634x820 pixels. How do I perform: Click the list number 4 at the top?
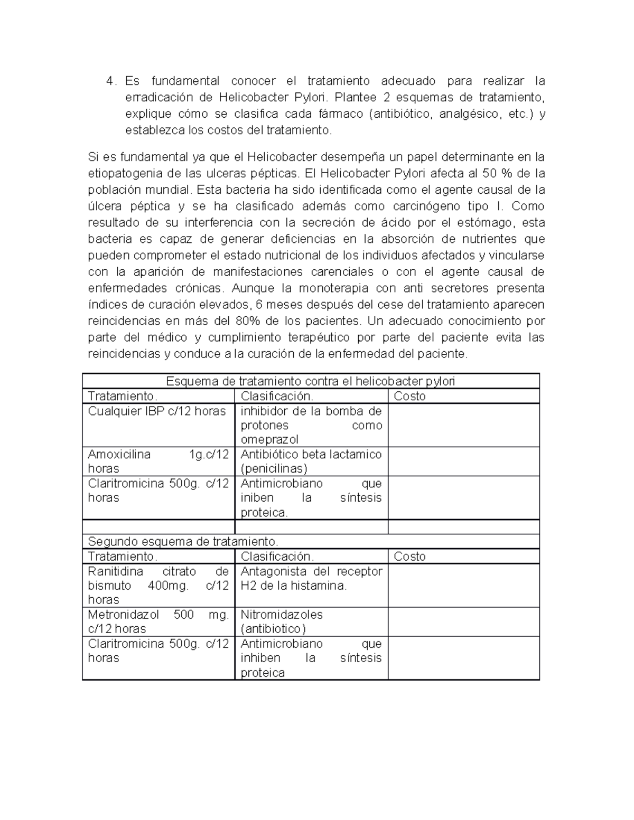click(110, 81)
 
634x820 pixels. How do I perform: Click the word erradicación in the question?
click(157, 98)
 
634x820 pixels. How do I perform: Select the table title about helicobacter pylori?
click(311, 381)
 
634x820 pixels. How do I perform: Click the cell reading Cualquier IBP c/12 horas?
click(157, 411)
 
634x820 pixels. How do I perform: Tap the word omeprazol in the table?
click(269, 439)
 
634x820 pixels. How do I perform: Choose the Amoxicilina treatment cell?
click(158, 461)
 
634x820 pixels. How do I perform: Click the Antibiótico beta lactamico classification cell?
click(311, 461)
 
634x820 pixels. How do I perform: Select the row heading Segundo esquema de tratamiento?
click(183, 542)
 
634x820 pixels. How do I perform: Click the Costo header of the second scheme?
click(409, 557)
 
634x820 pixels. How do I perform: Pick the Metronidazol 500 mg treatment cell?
click(158, 621)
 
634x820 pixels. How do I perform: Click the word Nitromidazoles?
click(281, 615)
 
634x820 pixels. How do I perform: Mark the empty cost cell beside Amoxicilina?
click(463, 461)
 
